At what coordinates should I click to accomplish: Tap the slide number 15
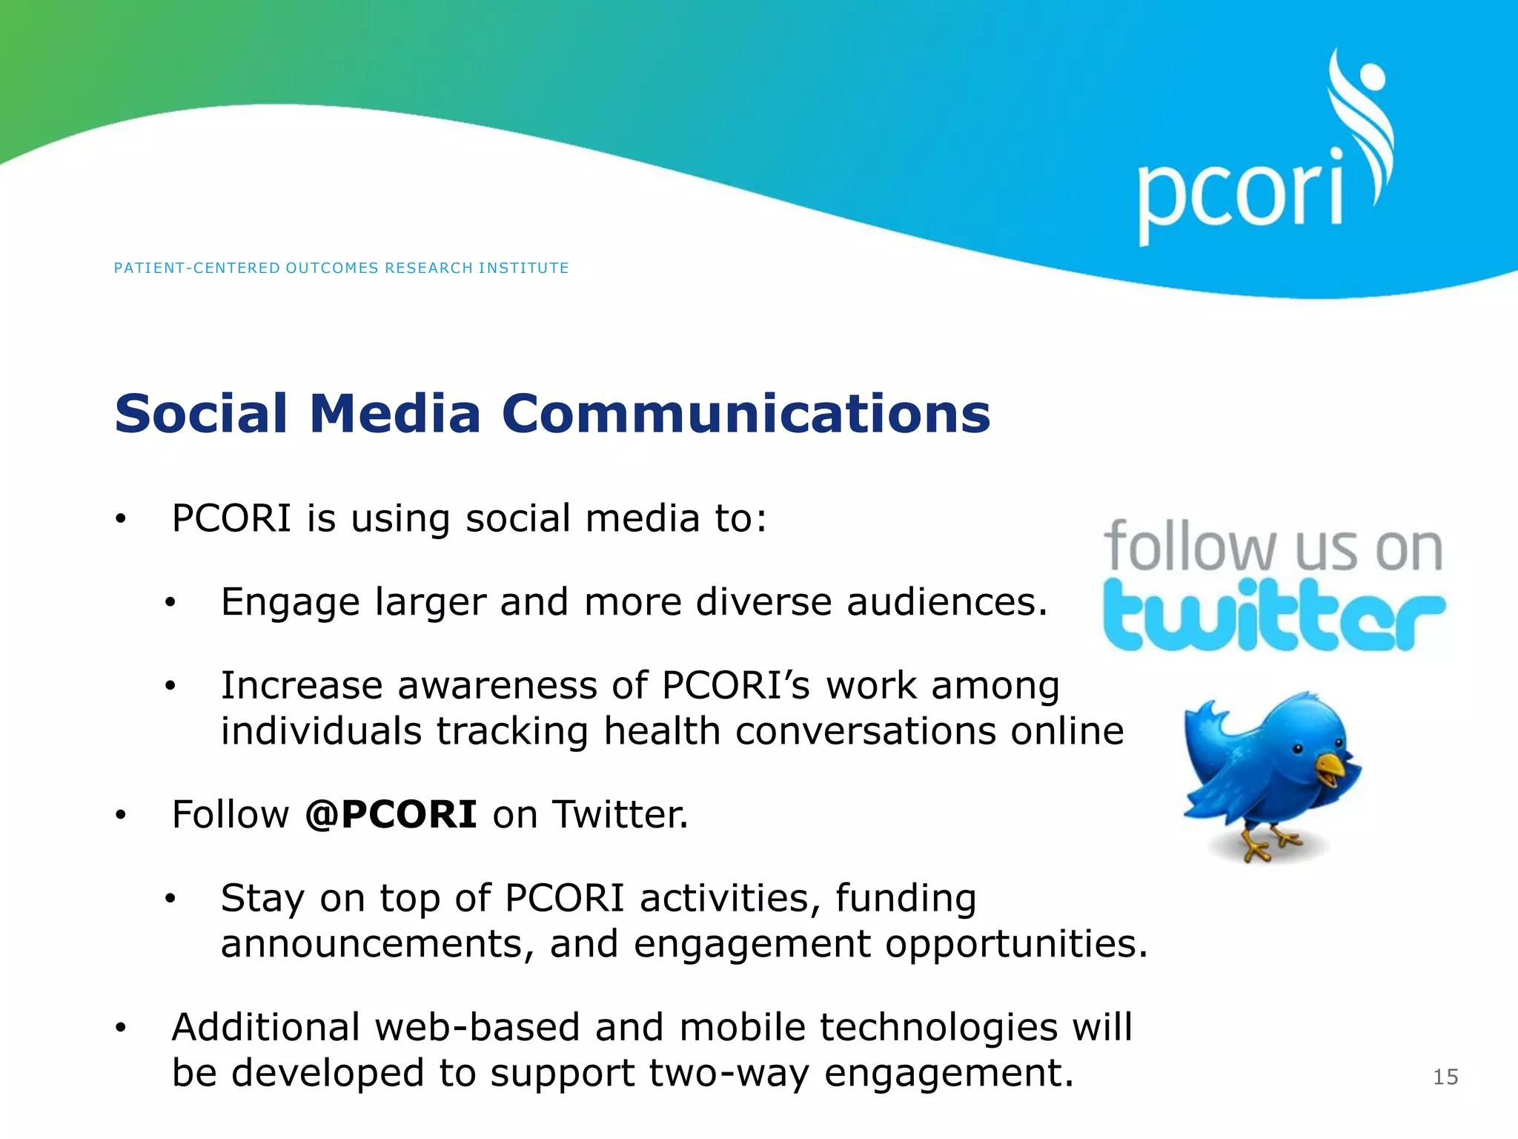[1445, 1077]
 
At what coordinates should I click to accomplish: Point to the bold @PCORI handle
[391, 814]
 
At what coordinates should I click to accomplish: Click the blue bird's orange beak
[1330, 767]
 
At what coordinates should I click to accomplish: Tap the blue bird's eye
[1298, 749]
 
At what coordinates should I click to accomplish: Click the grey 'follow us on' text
[1273, 547]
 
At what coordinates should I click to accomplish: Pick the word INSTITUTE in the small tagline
[523, 268]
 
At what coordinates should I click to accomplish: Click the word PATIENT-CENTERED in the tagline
[196, 268]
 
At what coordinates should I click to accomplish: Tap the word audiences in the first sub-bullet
[947, 602]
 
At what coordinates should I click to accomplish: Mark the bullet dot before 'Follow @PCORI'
[121, 816]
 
